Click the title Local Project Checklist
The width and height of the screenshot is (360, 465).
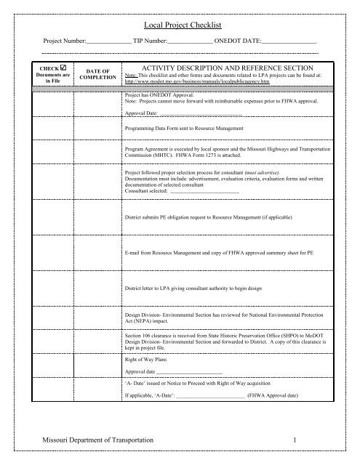pos(180,24)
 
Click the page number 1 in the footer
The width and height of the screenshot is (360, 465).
pos(297,441)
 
